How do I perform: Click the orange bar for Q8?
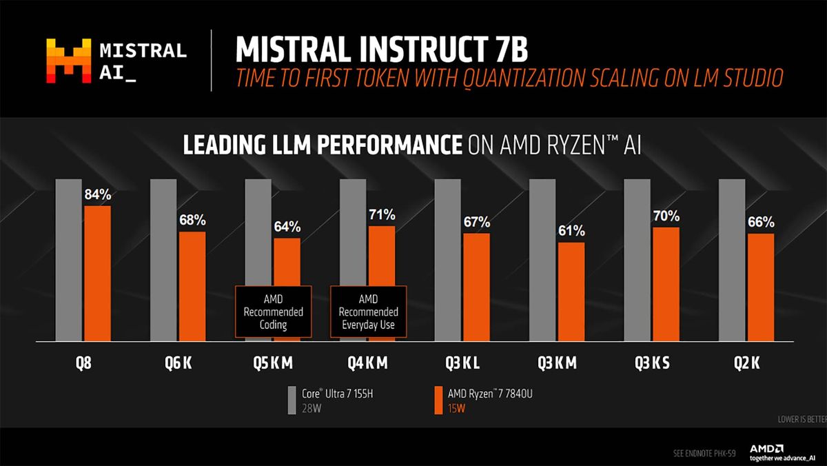97,273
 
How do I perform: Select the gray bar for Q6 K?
163,260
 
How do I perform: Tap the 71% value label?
381,215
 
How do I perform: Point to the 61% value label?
571,230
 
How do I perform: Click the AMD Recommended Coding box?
273,312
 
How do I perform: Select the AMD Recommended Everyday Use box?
368,312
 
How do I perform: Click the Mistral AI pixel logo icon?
68,61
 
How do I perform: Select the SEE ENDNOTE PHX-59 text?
704,454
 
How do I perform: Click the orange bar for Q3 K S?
666,284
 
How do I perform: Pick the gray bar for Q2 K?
731,260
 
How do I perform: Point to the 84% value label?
97,194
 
